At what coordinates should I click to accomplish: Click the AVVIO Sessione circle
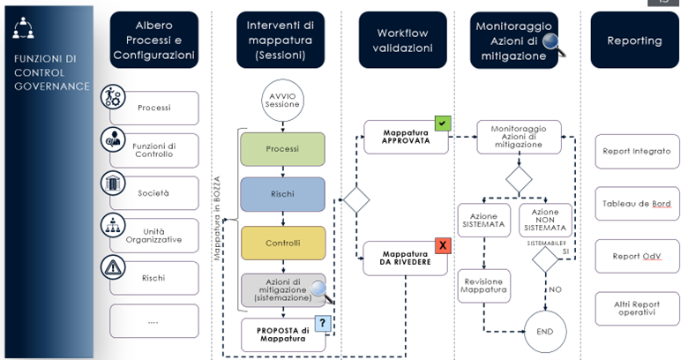pyautogui.click(x=282, y=99)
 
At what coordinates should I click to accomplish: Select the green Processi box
pyautogui.click(x=282, y=149)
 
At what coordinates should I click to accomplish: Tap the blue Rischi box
pyautogui.click(x=282, y=195)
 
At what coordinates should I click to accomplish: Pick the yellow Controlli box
pyautogui.click(x=282, y=243)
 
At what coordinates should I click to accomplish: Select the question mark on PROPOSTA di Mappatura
pyautogui.click(x=323, y=324)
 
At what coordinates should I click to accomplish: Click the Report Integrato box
pyautogui.click(x=635, y=151)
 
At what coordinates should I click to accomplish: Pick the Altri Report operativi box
pyautogui.click(x=635, y=308)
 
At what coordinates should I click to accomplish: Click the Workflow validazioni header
pyautogui.click(x=402, y=41)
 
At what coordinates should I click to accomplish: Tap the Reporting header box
pyautogui.click(x=634, y=41)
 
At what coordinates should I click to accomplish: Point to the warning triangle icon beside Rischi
pyautogui.click(x=114, y=268)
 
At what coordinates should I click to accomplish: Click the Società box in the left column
pyautogui.click(x=153, y=192)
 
